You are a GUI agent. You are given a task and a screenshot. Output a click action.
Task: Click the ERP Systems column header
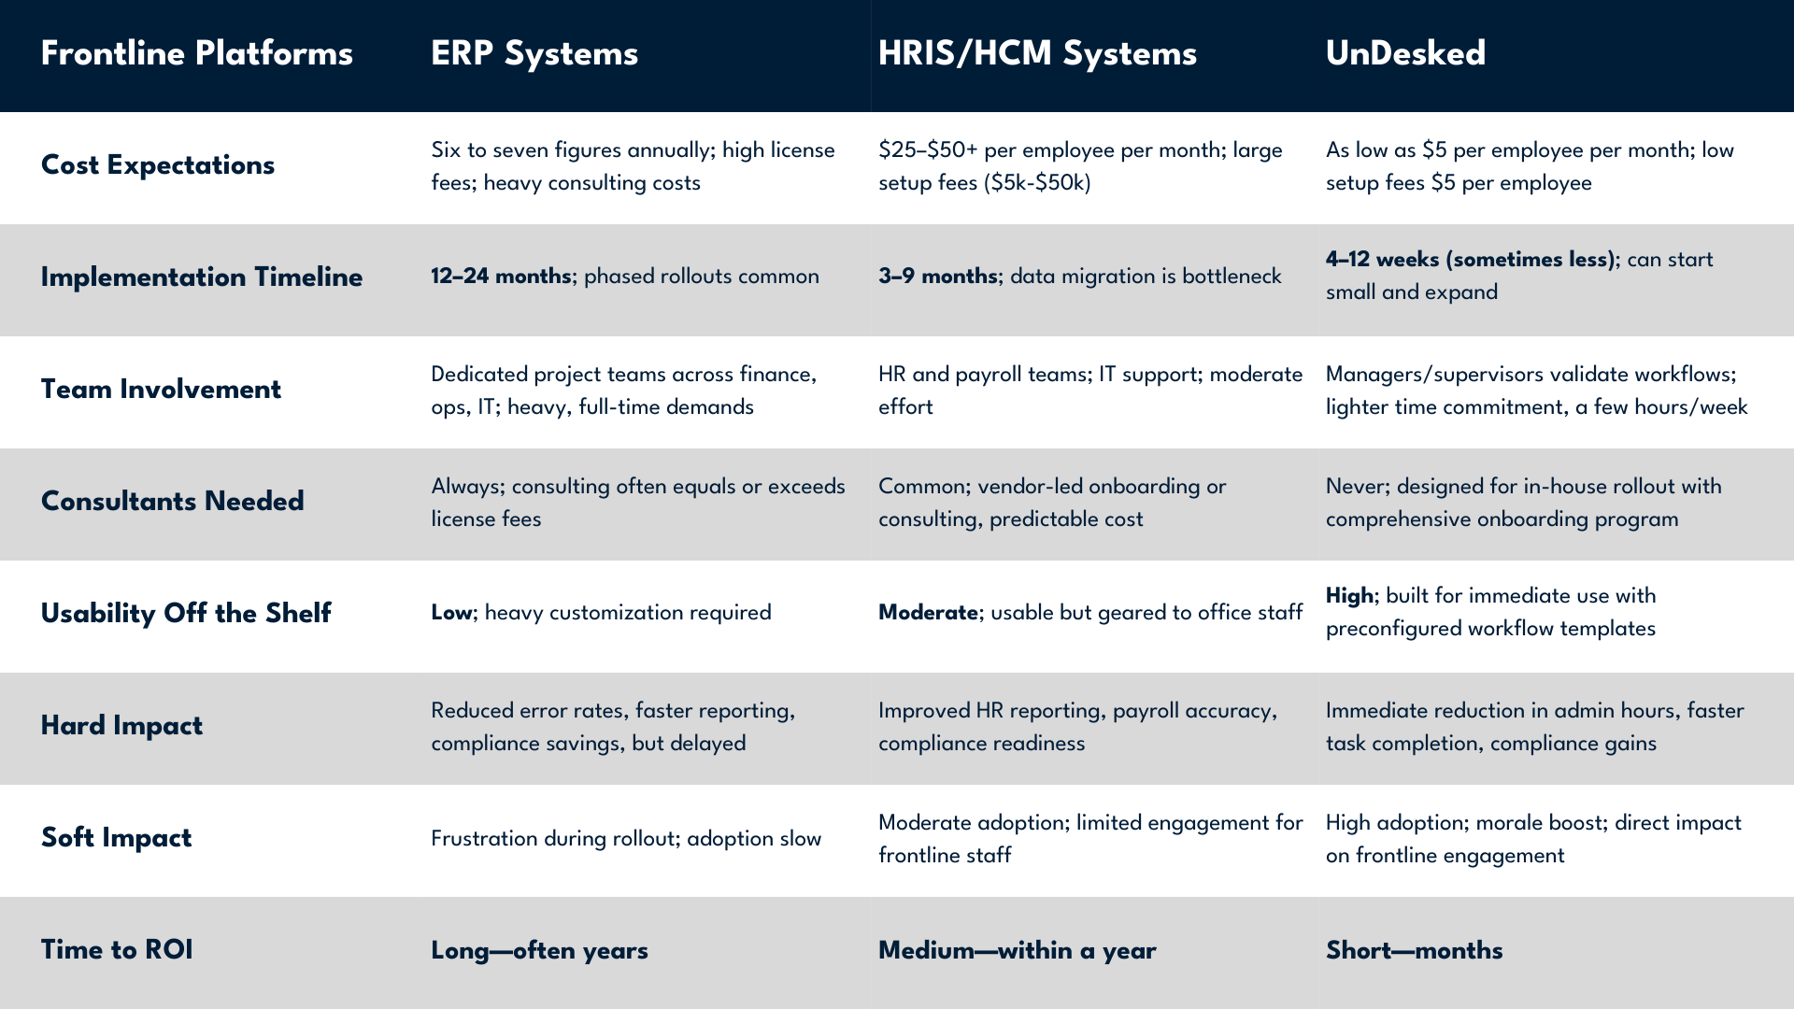534,54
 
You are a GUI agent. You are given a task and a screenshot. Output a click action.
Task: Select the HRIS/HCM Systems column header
1037,54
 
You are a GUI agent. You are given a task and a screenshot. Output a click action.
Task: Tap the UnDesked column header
1405,53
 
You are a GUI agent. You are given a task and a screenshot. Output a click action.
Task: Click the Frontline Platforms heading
197,53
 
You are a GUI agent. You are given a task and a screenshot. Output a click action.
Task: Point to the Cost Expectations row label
158,165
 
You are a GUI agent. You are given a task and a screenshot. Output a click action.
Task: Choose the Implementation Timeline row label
202,277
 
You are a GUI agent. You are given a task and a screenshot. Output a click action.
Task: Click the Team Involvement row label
161,389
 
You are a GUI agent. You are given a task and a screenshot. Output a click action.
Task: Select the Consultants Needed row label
173,501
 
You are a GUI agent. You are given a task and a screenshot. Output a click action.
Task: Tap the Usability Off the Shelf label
186,613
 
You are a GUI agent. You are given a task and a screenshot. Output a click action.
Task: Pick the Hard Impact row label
121,726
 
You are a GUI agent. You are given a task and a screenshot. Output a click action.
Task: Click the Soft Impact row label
116,838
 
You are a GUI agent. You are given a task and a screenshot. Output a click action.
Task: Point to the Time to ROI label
117,950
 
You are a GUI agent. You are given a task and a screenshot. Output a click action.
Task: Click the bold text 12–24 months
501,277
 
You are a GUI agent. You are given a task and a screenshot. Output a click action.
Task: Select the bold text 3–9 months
938,277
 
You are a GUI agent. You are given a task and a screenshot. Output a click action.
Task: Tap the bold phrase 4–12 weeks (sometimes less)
1471,260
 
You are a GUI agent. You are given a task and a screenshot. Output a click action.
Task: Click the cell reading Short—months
1415,950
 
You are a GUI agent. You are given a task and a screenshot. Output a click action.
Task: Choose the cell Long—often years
539,951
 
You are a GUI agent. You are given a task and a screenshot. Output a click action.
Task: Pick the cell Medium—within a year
1018,951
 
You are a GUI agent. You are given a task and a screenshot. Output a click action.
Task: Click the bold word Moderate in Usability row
929,613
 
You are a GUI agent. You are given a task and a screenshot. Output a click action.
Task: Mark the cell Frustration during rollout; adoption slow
626,839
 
